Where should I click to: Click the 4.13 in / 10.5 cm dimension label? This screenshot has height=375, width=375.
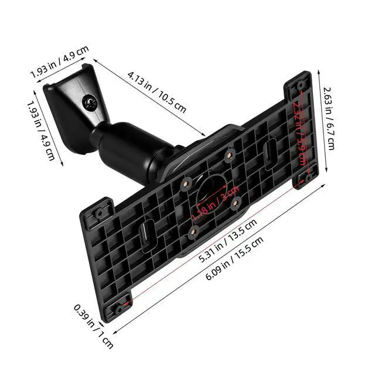156,91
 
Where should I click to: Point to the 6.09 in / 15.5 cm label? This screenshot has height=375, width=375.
234,258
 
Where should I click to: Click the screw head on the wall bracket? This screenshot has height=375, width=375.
90,102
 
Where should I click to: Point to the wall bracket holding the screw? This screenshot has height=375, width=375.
73,108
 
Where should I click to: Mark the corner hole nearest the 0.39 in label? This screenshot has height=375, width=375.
120,308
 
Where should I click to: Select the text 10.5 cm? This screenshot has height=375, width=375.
173,102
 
